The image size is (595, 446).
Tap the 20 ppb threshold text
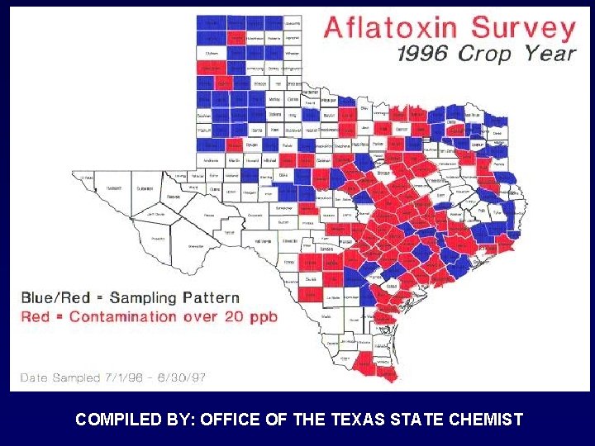click(x=247, y=316)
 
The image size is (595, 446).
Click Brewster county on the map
click(x=196, y=245)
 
